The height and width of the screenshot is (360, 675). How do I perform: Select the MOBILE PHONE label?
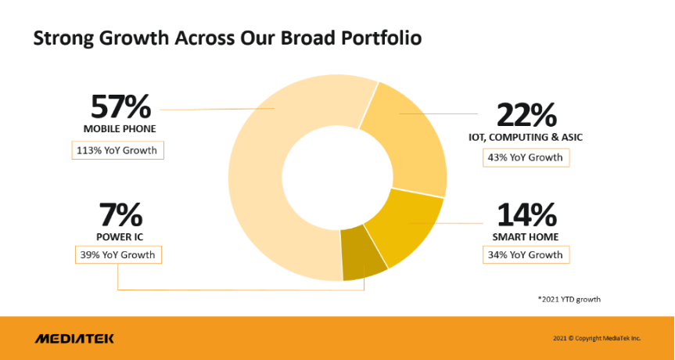point(120,128)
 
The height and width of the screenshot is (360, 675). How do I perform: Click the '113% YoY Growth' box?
point(117,150)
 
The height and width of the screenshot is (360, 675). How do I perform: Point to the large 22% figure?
point(526,116)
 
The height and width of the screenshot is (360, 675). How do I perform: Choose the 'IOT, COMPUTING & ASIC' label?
point(526,137)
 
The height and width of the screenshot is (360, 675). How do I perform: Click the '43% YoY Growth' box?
point(526,157)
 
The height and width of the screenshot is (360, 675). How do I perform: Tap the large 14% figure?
point(526,214)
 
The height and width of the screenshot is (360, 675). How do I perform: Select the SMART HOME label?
point(526,236)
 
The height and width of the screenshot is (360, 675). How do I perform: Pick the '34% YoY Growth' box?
point(526,255)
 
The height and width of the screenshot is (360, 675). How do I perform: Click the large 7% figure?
point(120,214)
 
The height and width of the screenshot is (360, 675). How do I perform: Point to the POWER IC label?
point(120,236)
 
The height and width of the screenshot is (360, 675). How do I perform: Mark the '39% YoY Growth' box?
point(117,255)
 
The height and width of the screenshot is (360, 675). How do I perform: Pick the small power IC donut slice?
point(363,259)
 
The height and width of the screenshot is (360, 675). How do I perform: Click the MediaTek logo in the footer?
point(74,338)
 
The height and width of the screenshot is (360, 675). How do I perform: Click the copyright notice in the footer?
point(596,338)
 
